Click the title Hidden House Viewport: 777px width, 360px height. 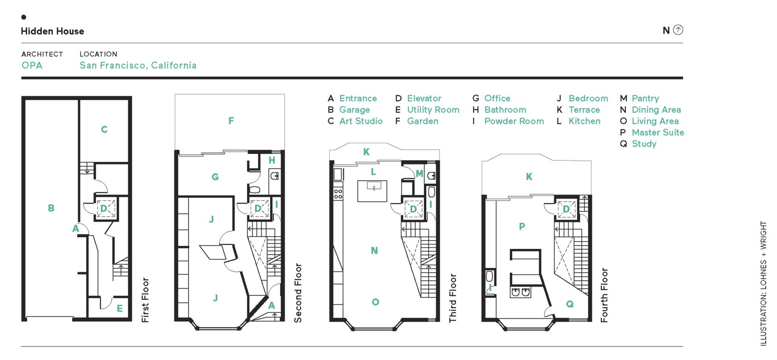pos(52,31)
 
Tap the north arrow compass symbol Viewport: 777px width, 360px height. pos(678,30)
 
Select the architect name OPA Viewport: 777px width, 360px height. pos(32,65)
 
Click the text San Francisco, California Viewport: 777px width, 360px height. pos(138,65)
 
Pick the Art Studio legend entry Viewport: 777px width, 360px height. pos(360,121)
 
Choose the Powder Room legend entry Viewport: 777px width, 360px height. pos(514,121)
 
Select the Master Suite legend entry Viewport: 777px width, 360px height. pos(658,132)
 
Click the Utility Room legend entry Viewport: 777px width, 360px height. pos(433,110)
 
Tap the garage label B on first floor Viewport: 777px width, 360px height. pos(51,208)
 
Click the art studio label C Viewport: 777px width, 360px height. pos(104,129)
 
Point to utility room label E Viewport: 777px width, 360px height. pos(119,309)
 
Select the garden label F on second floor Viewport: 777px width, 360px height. pos(231,120)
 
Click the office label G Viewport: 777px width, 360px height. pos(215,177)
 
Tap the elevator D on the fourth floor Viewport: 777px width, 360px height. pos(566,209)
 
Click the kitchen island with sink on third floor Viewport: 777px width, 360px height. pos(372,190)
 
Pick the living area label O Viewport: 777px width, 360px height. pos(375,302)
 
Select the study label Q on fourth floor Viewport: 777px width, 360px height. pos(570,304)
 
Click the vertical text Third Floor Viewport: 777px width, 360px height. pos(453,298)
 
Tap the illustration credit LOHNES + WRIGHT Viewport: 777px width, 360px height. pos(763,283)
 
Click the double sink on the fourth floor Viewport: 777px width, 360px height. pos(520,292)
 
